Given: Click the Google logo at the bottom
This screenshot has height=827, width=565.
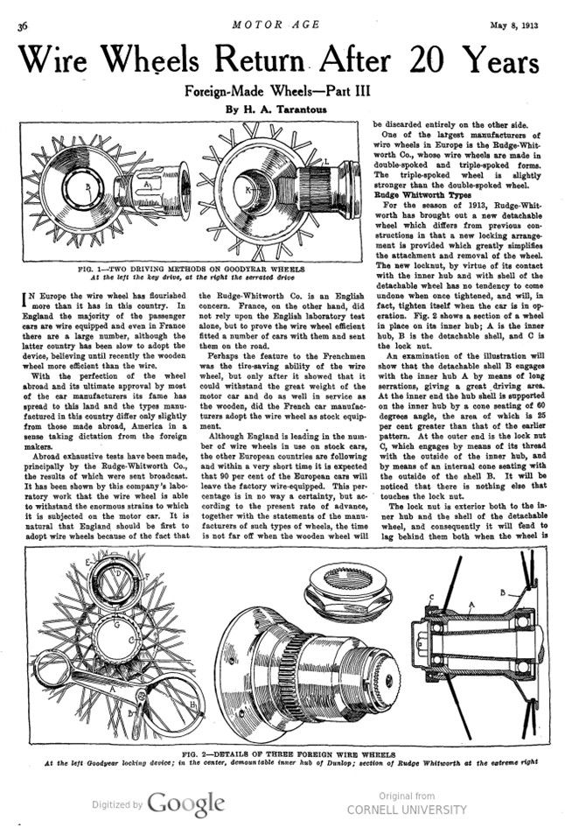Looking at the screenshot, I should point(186,802).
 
